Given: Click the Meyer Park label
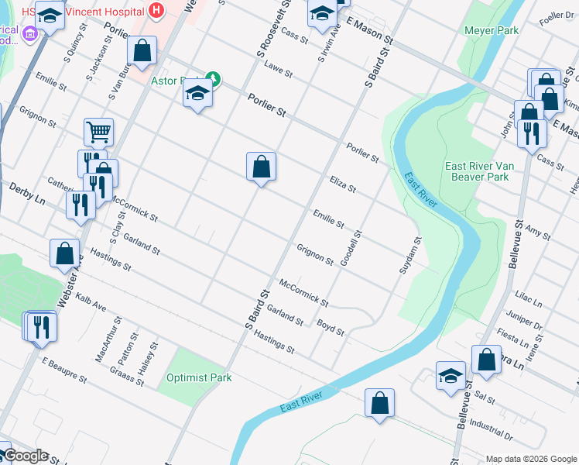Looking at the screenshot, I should pyautogui.click(x=491, y=30).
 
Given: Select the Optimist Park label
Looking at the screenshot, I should pyautogui.click(x=199, y=377).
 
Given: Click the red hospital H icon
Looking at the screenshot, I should pyautogui.click(x=157, y=11).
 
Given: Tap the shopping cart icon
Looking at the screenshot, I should pyautogui.click(x=99, y=132).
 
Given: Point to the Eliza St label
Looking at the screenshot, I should pyautogui.click(x=341, y=184).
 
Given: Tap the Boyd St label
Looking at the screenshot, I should pyautogui.click(x=331, y=326).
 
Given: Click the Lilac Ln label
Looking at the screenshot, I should pyautogui.click(x=530, y=298).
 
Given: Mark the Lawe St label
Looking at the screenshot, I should pyautogui.click(x=277, y=71).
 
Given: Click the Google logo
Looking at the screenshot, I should pyautogui.click(x=26, y=456).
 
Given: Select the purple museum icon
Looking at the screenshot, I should pyautogui.click(x=31, y=33).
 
